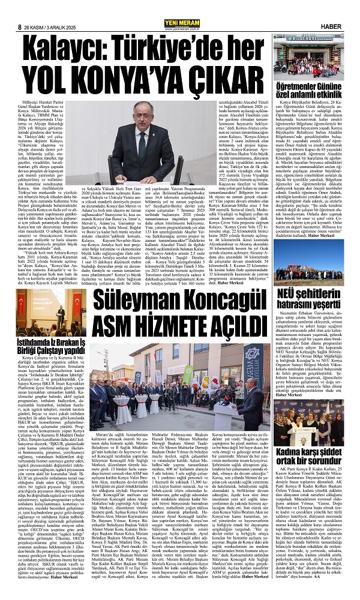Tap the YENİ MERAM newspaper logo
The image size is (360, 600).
pyautogui.click(x=179, y=8)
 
